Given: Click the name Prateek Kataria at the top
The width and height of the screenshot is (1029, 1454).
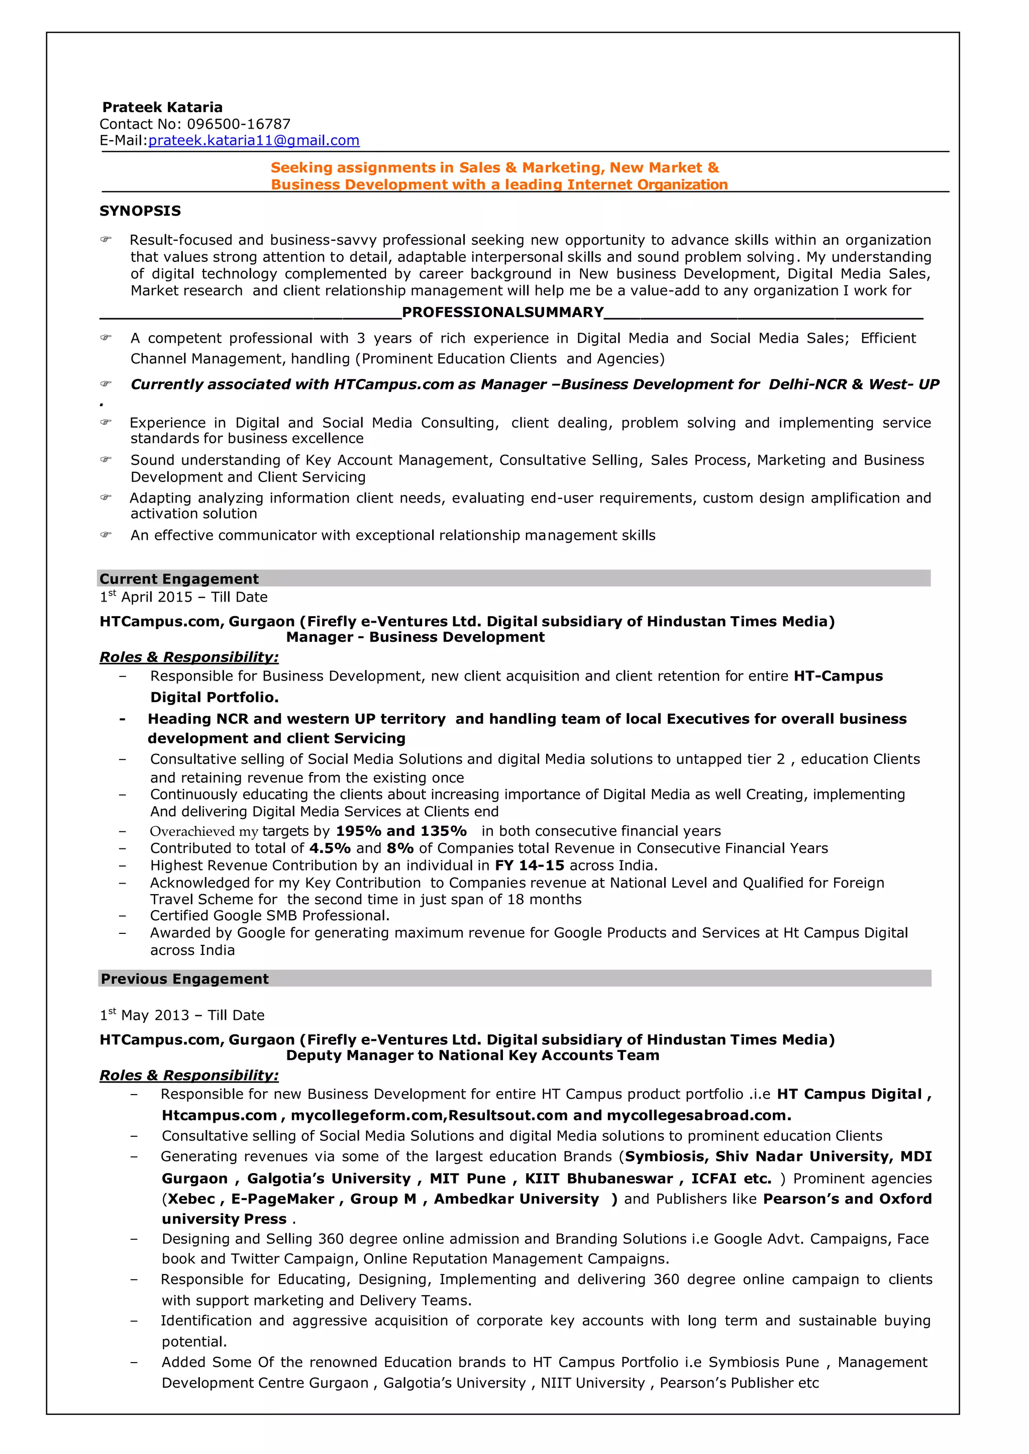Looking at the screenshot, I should pos(162,107).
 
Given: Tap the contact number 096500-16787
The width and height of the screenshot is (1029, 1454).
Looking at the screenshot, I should pos(238,124).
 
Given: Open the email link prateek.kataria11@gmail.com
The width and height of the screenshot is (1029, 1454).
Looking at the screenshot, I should pos(253,141).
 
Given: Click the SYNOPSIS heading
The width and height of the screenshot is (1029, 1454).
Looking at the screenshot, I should pos(140,211).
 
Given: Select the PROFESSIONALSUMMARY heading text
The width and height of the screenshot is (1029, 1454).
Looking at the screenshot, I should pos(502,313).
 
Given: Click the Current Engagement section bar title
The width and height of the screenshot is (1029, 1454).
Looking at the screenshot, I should pos(179,578).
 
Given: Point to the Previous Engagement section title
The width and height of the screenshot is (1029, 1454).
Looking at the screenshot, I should pos(184,979).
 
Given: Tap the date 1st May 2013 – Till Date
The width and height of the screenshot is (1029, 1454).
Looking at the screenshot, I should pos(182,1015).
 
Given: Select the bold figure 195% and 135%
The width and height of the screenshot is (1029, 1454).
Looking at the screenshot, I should pos(400,831).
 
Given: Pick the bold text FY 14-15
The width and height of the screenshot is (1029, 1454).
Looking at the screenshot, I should pos(529,866).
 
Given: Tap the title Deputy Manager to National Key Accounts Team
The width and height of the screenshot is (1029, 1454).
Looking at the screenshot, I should pos(472,1055).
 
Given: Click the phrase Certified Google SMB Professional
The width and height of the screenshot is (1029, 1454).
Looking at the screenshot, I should pos(269,916).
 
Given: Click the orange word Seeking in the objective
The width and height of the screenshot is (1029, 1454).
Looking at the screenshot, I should pos(301,168).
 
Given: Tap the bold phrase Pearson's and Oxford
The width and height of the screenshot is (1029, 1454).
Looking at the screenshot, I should pos(847,1199).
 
